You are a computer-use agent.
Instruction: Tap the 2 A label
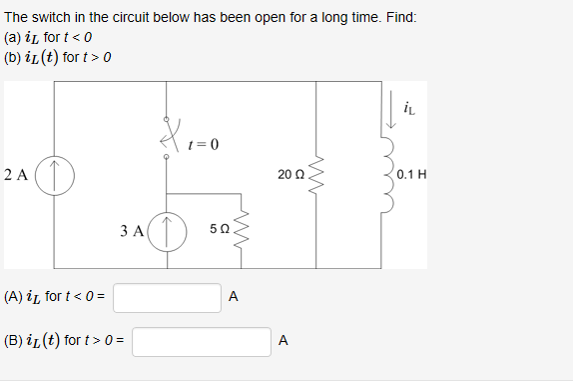tap(16, 175)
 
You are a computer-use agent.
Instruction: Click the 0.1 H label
tap(411, 175)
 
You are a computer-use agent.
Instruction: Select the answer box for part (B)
tap(201, 341)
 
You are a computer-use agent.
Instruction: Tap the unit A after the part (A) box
tap(233, 297)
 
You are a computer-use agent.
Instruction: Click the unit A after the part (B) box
tap(284, 341)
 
